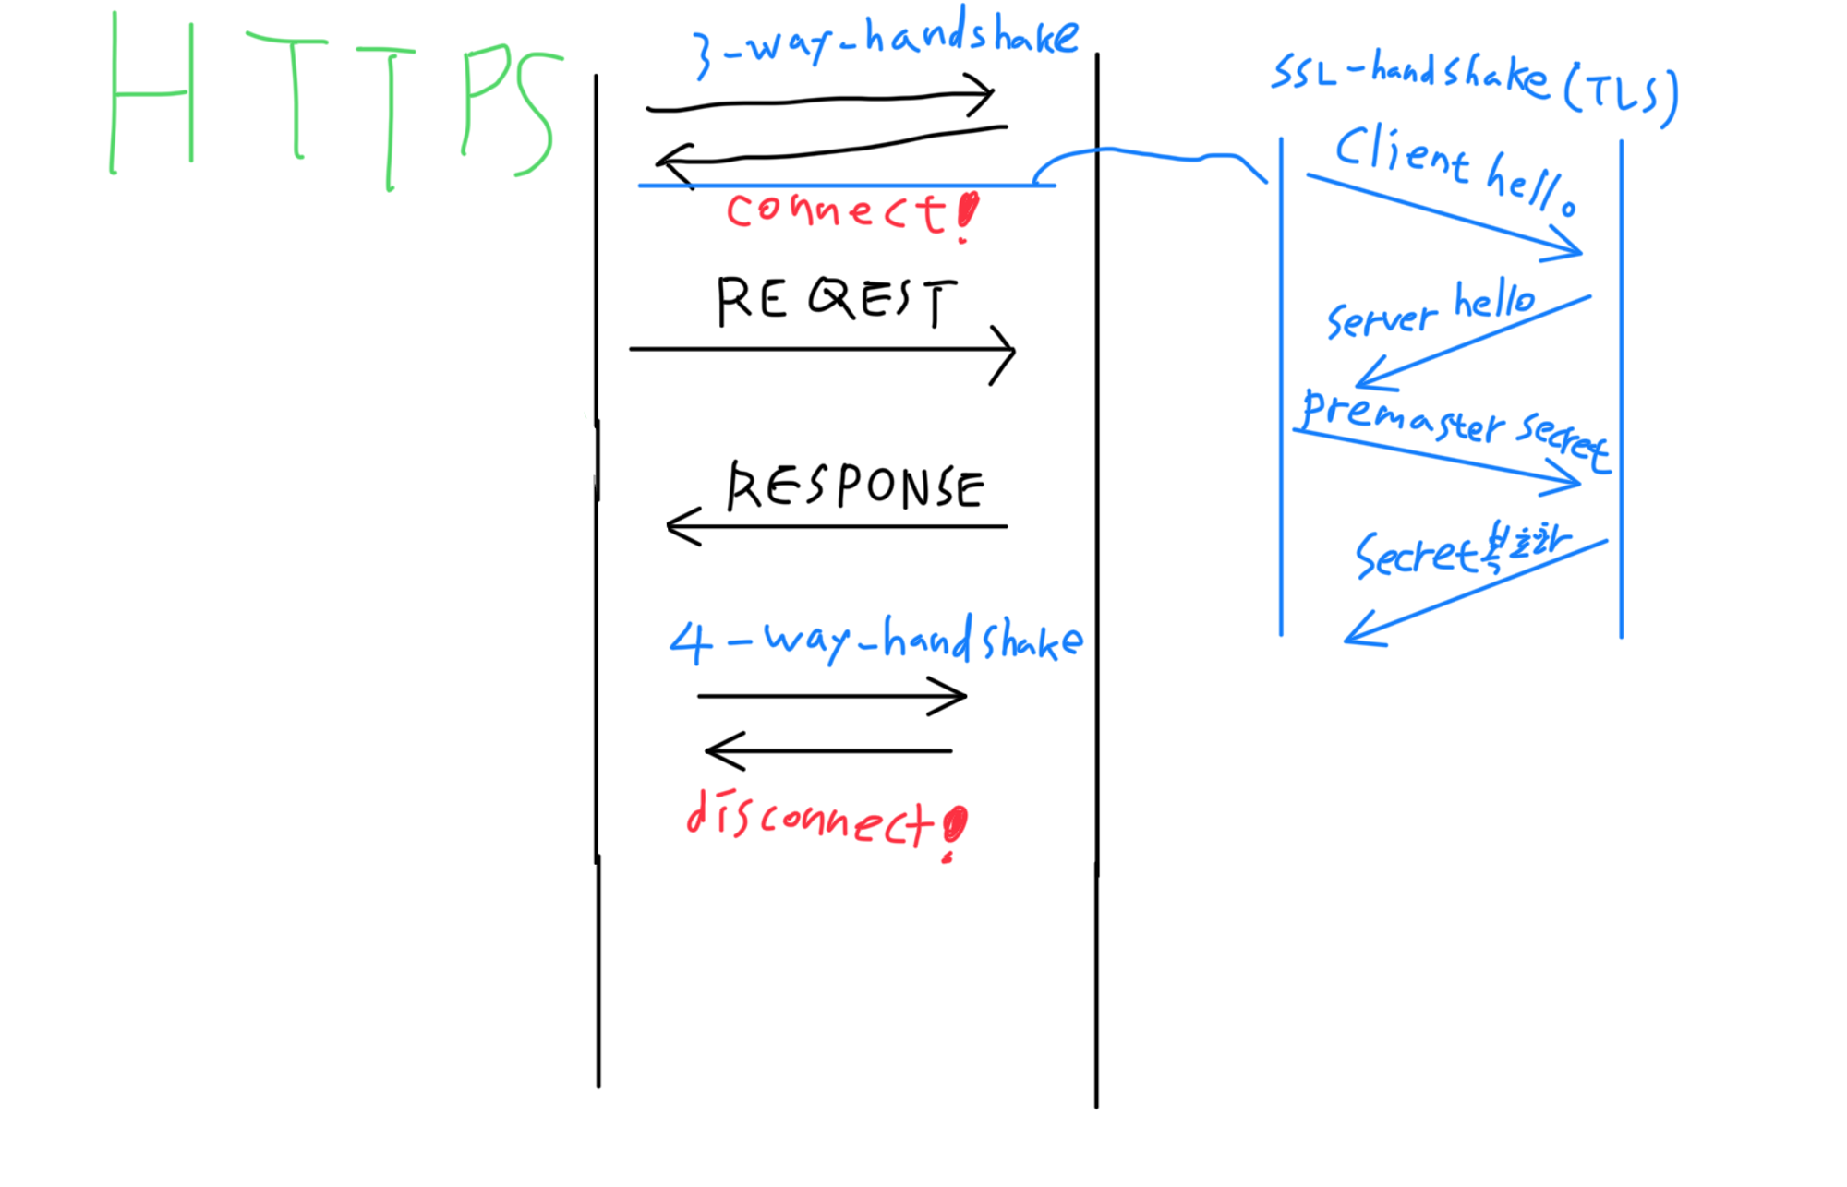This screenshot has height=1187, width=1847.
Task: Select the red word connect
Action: pyautogui.click(x=836, y=211)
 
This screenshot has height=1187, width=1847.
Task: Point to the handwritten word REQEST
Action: pyautogui.click(x=836, y=300)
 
